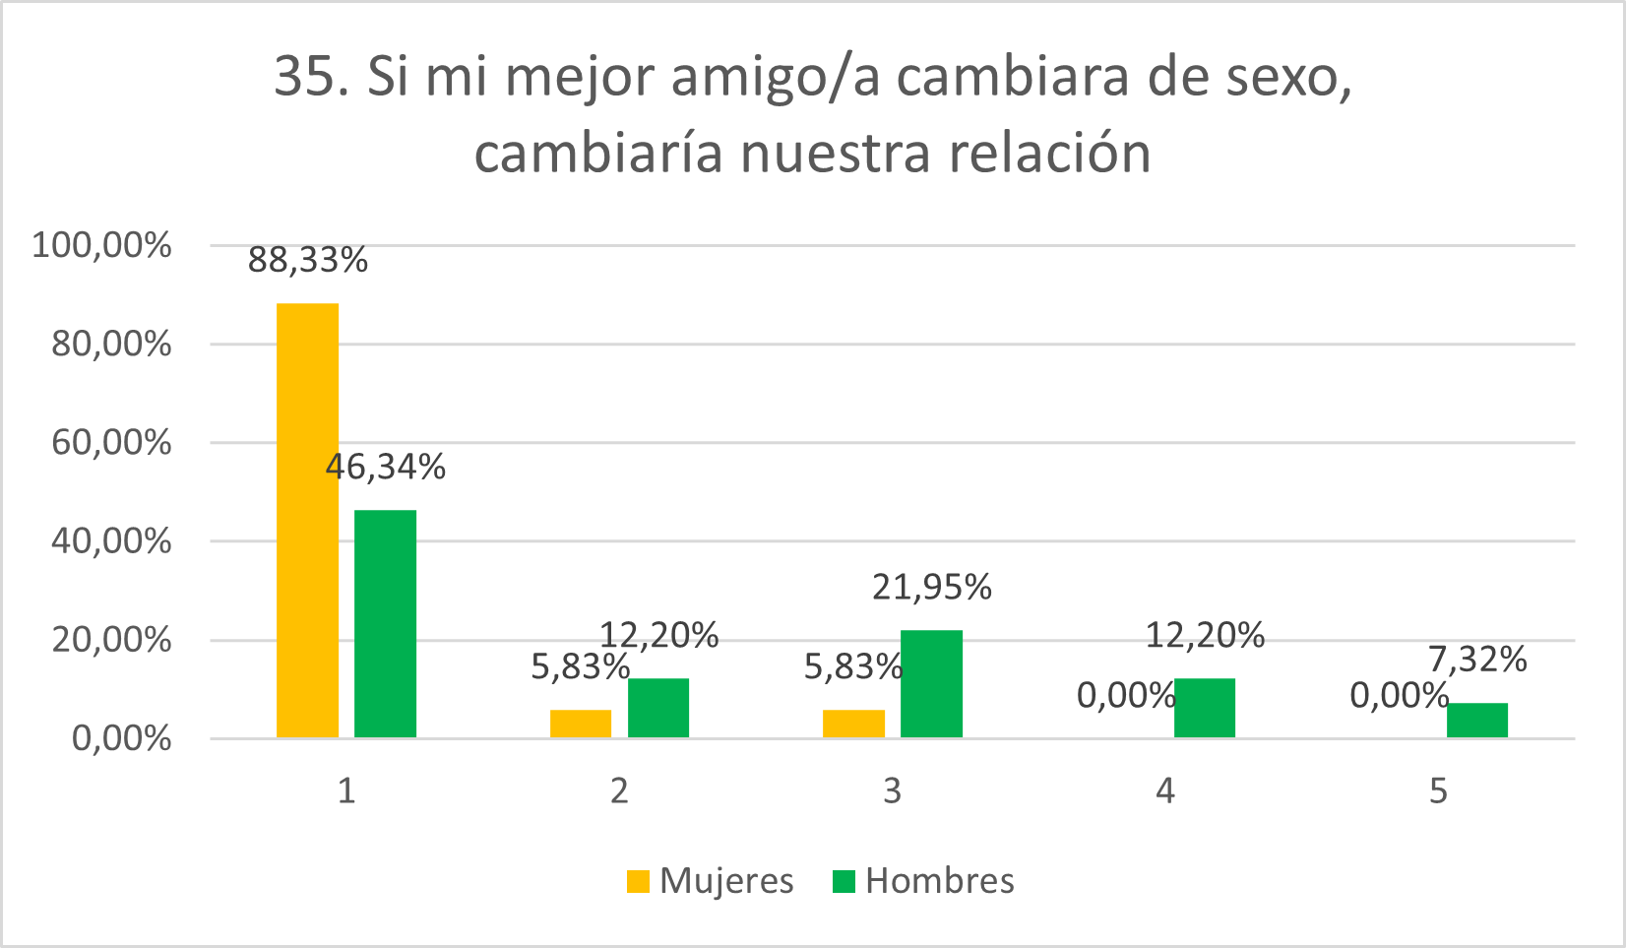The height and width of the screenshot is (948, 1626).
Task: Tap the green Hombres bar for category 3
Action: point(931,683)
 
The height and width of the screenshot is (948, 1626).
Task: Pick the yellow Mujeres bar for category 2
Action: point(580,724)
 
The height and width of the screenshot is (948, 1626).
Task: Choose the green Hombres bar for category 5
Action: point(1476,720)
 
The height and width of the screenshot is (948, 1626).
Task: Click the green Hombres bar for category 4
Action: point(1204,708)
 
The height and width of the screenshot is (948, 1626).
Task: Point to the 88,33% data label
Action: point(308,260)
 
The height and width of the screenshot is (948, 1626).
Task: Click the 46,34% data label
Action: point(386,467)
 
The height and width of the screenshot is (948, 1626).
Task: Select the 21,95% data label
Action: point(932,587)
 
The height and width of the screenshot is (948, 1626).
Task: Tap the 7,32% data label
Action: point(1477,659)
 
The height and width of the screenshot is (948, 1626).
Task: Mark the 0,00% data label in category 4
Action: point(1126,696)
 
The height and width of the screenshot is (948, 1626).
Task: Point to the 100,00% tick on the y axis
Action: point(102,245)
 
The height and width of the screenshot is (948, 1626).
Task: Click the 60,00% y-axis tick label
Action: point(110,442)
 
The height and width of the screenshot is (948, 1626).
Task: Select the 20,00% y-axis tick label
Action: point(110,640)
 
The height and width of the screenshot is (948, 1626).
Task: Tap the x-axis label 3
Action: point(892,790)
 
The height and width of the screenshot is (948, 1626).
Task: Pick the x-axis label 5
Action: point(1438,790)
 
